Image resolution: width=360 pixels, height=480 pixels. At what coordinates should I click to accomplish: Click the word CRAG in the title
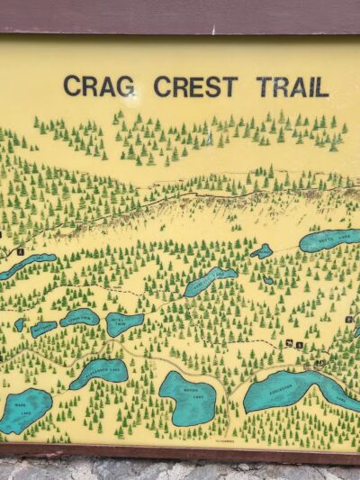[x=99, y=86]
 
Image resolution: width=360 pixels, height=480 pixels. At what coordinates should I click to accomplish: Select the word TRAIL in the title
[x=292, y=87]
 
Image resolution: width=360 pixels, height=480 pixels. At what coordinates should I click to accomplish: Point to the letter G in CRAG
[x=125, y=86]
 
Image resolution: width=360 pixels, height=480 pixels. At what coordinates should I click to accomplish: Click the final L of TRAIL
[x=321, y=87]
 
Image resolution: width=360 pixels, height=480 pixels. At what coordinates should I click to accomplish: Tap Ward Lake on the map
[x=24, y=410]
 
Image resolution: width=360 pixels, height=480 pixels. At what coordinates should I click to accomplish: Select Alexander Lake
[x=99, y=371]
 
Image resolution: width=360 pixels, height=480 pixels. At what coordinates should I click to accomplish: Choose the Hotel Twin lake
[x=124, y=323]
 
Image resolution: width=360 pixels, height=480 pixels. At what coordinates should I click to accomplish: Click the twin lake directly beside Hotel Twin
[x=80, y=317]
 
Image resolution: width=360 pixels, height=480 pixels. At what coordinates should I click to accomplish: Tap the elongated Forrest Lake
[x=210, y=281]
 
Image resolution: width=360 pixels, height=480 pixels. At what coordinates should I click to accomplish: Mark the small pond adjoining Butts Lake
[x=262, y=251]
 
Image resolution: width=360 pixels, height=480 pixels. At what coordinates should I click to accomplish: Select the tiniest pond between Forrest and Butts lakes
[x=268, y=280]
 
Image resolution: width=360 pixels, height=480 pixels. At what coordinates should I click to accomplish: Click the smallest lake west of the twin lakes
[x=19, y=323]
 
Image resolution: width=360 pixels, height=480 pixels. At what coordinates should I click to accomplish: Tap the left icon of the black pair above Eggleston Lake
[x=289, y=343]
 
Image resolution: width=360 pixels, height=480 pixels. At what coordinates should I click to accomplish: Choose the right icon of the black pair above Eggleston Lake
[x=299, y=344]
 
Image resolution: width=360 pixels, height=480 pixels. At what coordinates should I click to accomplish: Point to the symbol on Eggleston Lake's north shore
[x=319, y=363]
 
